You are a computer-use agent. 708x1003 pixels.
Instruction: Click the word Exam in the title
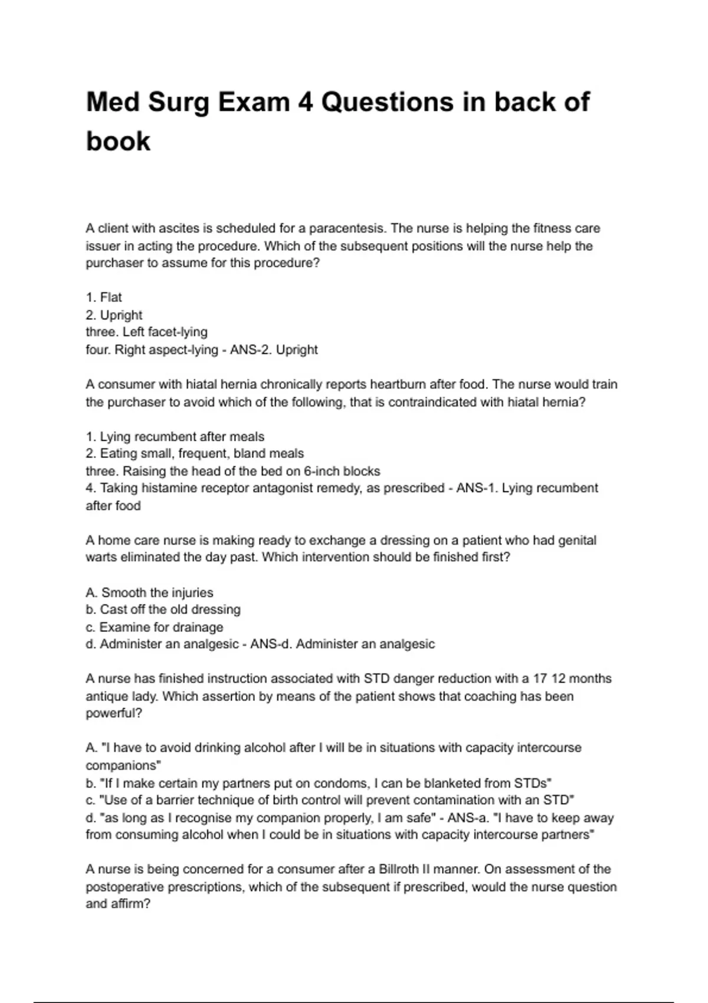(254, 102)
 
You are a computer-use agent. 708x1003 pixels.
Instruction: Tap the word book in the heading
(118, 141)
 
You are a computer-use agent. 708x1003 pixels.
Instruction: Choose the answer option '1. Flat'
(104, 297)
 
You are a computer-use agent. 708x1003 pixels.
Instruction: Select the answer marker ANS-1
(477, 489)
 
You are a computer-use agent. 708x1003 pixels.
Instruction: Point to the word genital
(577, 540)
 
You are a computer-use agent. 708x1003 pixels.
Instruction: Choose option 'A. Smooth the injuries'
(149, 592)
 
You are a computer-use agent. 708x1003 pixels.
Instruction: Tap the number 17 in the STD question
(540, 679)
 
